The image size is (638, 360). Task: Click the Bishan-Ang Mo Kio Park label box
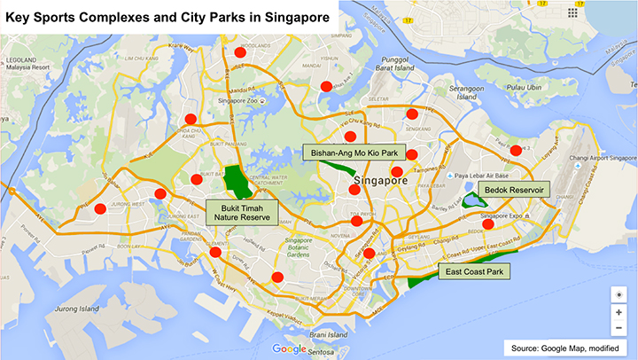[x=346, y=153]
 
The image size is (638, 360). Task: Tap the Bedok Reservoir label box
[x=513, y=190]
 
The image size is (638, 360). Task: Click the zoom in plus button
[x=619, y=312]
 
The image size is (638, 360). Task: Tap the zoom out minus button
[x=619, y=328]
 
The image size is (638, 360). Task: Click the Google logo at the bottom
[x=289, y=348]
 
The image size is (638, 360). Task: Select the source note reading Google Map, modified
[x=566, y=347]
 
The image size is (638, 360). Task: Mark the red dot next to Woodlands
[x=239, y=53]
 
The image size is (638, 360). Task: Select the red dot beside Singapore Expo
[x=488, y=224]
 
